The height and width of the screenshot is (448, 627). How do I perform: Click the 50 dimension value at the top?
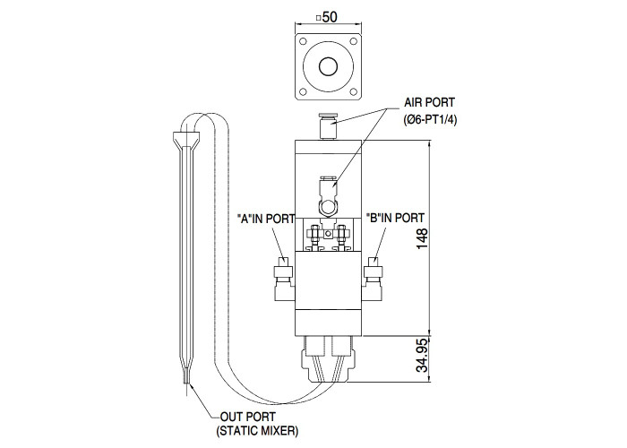(x=331, y=17)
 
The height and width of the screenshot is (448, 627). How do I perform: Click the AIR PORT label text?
(x=429, y=102)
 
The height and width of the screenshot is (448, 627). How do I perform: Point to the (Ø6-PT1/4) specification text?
(x=430, y=120)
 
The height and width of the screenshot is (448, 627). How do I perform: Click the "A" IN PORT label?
(x=266, y=219)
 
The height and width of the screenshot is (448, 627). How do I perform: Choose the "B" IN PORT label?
(x=395, y=218)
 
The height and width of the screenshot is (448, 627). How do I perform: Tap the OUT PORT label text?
(x=248, y=417)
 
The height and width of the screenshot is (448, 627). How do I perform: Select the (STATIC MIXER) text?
(x=258, y=431)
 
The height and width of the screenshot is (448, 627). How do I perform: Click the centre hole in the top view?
(x=329, y=66)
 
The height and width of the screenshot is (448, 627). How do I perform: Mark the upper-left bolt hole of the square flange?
(x=303, y=41)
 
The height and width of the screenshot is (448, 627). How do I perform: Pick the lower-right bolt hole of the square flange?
(x=354, y=92)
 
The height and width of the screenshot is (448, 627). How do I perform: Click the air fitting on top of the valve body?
(x=328, y=127)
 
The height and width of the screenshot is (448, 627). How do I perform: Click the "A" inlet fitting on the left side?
(x=284, y=280)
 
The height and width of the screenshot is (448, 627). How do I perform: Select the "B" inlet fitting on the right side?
(x=373, y=280)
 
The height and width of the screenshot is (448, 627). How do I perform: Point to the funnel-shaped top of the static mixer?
(x=186, y=140)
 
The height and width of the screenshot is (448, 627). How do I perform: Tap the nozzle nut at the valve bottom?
(x=329, y=366)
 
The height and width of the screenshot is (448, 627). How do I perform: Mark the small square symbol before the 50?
(x=318, y=18)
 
